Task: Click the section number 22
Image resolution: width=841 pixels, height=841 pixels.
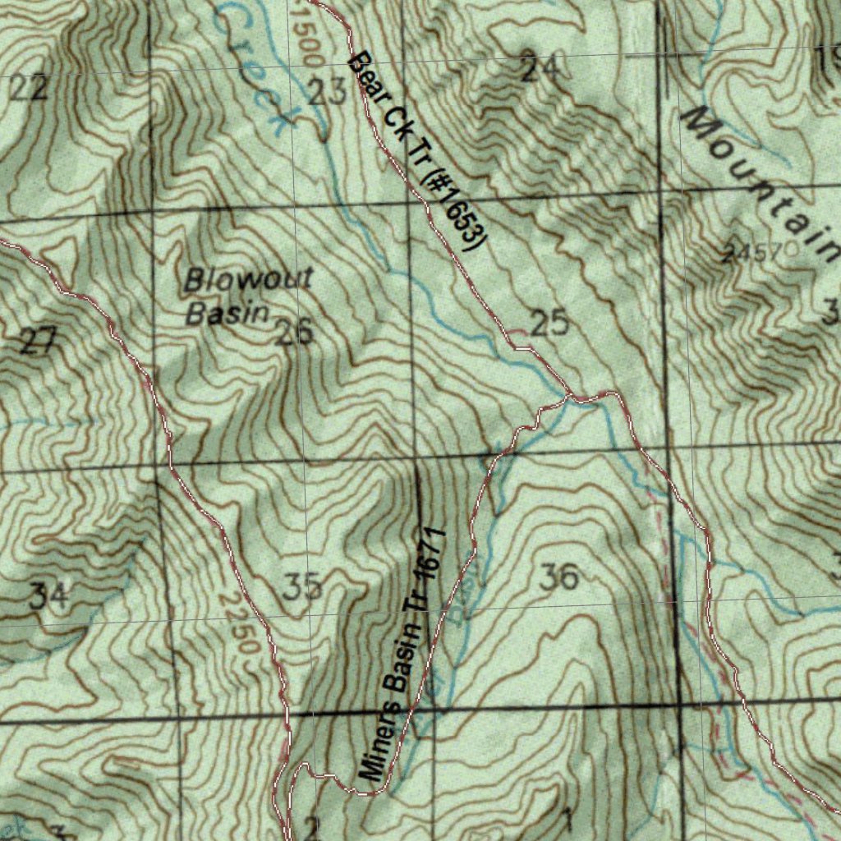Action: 29,88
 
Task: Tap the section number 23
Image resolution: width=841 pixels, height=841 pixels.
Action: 328,93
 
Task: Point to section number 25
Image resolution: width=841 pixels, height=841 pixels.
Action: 549,323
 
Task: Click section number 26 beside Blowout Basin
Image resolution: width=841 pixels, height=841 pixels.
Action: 294,333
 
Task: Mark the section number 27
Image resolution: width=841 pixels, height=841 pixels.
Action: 38,341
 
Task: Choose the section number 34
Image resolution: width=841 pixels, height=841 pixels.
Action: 48,595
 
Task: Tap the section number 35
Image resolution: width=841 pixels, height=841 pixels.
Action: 301,587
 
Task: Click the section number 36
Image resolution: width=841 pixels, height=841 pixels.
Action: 560,577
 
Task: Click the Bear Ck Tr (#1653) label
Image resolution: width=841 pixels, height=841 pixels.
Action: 415,152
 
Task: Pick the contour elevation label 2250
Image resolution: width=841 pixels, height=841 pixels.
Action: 240,624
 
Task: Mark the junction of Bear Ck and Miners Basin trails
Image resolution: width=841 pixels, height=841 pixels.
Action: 569,398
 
